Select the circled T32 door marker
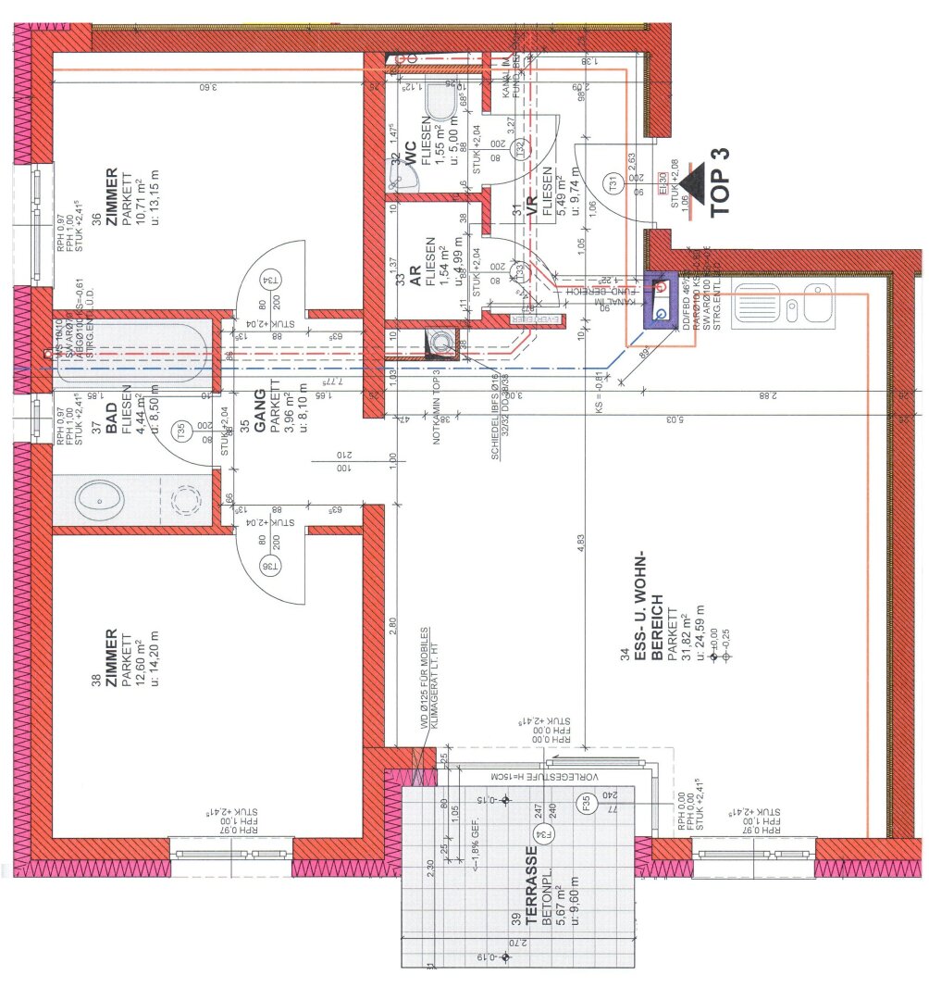[x=523, y=148]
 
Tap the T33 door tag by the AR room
[x=523, y=273]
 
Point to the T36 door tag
[x=270, y=566]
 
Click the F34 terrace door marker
[x=548, y=835]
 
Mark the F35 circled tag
[x=585, y=803]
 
